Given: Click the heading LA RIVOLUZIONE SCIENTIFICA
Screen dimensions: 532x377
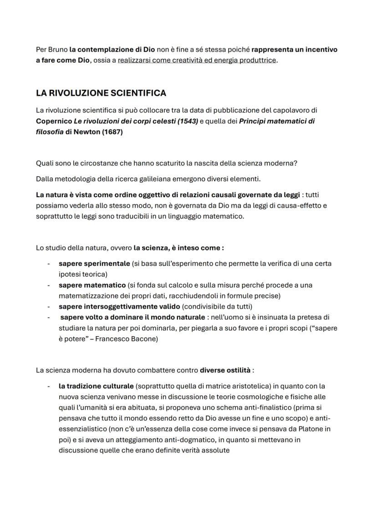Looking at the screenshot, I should coord(101,93).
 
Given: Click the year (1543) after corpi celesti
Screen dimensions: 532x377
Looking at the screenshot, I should coord(187,121).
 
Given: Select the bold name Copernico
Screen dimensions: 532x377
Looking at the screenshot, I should coord(54,121).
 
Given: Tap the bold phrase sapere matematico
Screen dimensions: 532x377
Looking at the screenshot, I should coord(92,285).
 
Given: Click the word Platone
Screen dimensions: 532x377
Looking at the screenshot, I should coord(311,429).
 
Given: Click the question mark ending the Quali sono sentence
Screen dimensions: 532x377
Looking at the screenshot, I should coord(295,163).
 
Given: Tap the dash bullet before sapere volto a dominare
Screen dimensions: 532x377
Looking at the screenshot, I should coord(48,317).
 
